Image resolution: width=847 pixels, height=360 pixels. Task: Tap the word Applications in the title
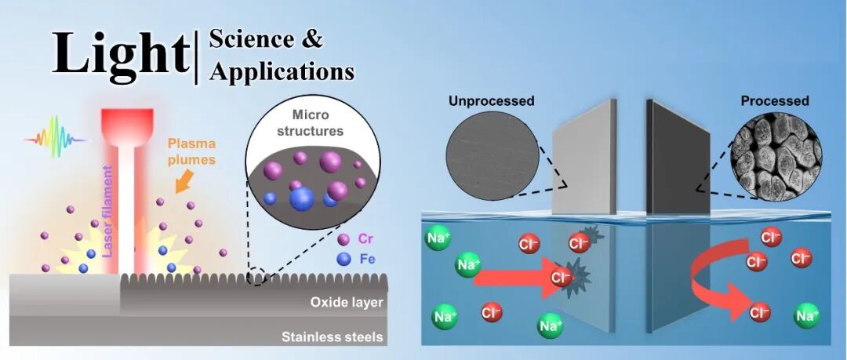pyautogui.click(x=282, y=71)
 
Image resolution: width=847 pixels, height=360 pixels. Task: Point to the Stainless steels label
pyautogui.click(x=332, y=337)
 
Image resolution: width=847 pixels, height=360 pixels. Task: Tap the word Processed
pyautogui.click(x=774, y=101)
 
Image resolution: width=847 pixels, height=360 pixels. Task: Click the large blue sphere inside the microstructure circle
pyautogui.click(x=302, y=199)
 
